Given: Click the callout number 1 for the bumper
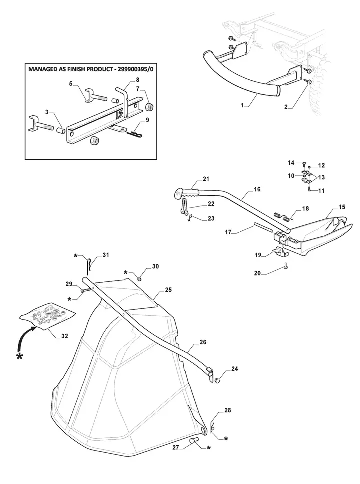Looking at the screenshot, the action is click(242, 106).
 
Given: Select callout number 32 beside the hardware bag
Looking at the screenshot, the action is click(64, 336).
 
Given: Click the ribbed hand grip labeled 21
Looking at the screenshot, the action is click(190, 194).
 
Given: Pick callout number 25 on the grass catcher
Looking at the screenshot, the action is click(168, 290).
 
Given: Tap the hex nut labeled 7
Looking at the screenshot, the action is click(149, 107).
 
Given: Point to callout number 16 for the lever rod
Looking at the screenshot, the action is click(257, 189).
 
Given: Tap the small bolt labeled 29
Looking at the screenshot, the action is click(85, 290).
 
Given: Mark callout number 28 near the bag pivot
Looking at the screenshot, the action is click(228, 410).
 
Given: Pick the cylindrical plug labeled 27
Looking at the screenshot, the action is click(193, 442).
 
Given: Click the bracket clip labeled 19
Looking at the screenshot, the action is click(281, 251).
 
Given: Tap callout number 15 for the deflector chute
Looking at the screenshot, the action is click(342, 207).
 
